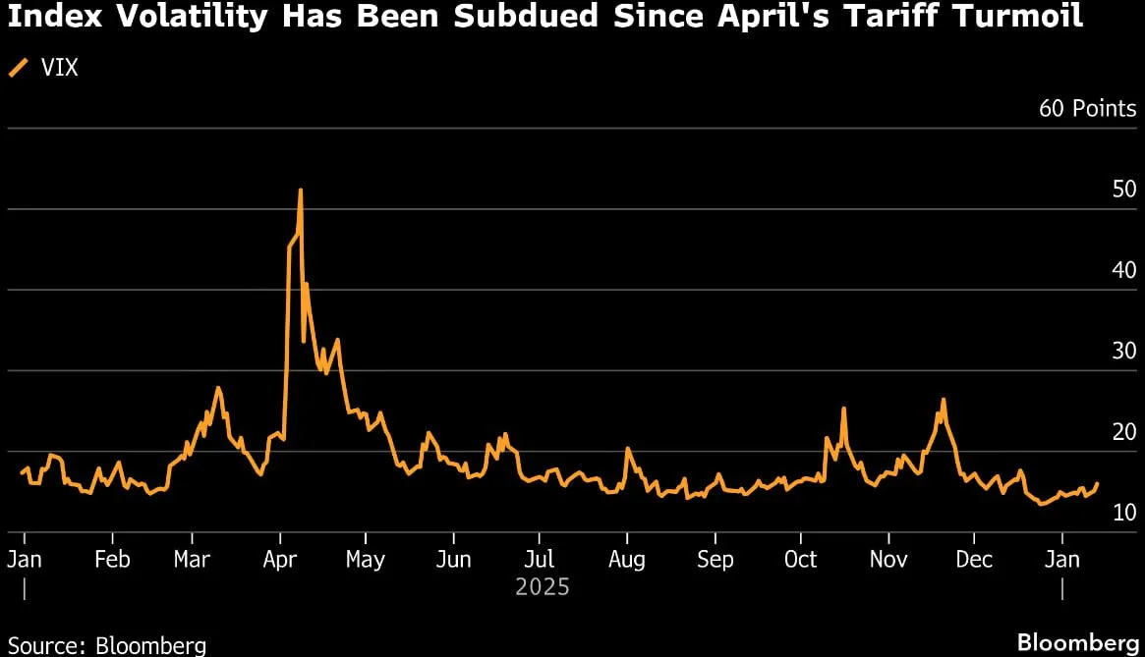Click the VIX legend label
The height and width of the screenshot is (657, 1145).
(x=59, y=68)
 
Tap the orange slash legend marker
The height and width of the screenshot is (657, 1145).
(x=19, y=68)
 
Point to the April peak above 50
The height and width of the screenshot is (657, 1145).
(x=300, y=191)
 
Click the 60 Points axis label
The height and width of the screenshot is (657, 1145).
(x=1087, y=108)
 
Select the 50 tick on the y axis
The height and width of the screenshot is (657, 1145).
(x=1123, y=190)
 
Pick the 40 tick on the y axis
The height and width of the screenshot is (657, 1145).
(x=1123, y=270)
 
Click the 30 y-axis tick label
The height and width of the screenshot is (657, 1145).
(x=1123, y=352)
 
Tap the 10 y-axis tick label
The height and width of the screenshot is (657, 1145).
(x=1123, y=513)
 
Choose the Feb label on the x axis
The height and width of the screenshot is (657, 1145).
(x=112, y=559)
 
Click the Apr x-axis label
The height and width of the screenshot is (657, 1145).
(x=280, y=560)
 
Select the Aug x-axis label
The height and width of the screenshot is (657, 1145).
(x=626, y=560)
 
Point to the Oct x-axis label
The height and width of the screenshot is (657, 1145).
(x=800, y=559)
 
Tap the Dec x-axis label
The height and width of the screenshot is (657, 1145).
(x=974, y=559)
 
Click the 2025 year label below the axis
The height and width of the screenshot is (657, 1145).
(x=542, y=587)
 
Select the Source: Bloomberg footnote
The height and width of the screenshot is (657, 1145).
(x=106, y=645)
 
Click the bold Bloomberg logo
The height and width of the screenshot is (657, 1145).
(x=1078, y=642)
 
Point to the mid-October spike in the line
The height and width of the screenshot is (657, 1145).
(x=843, y=409)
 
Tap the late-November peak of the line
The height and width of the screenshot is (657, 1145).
(x=944, y=400)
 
